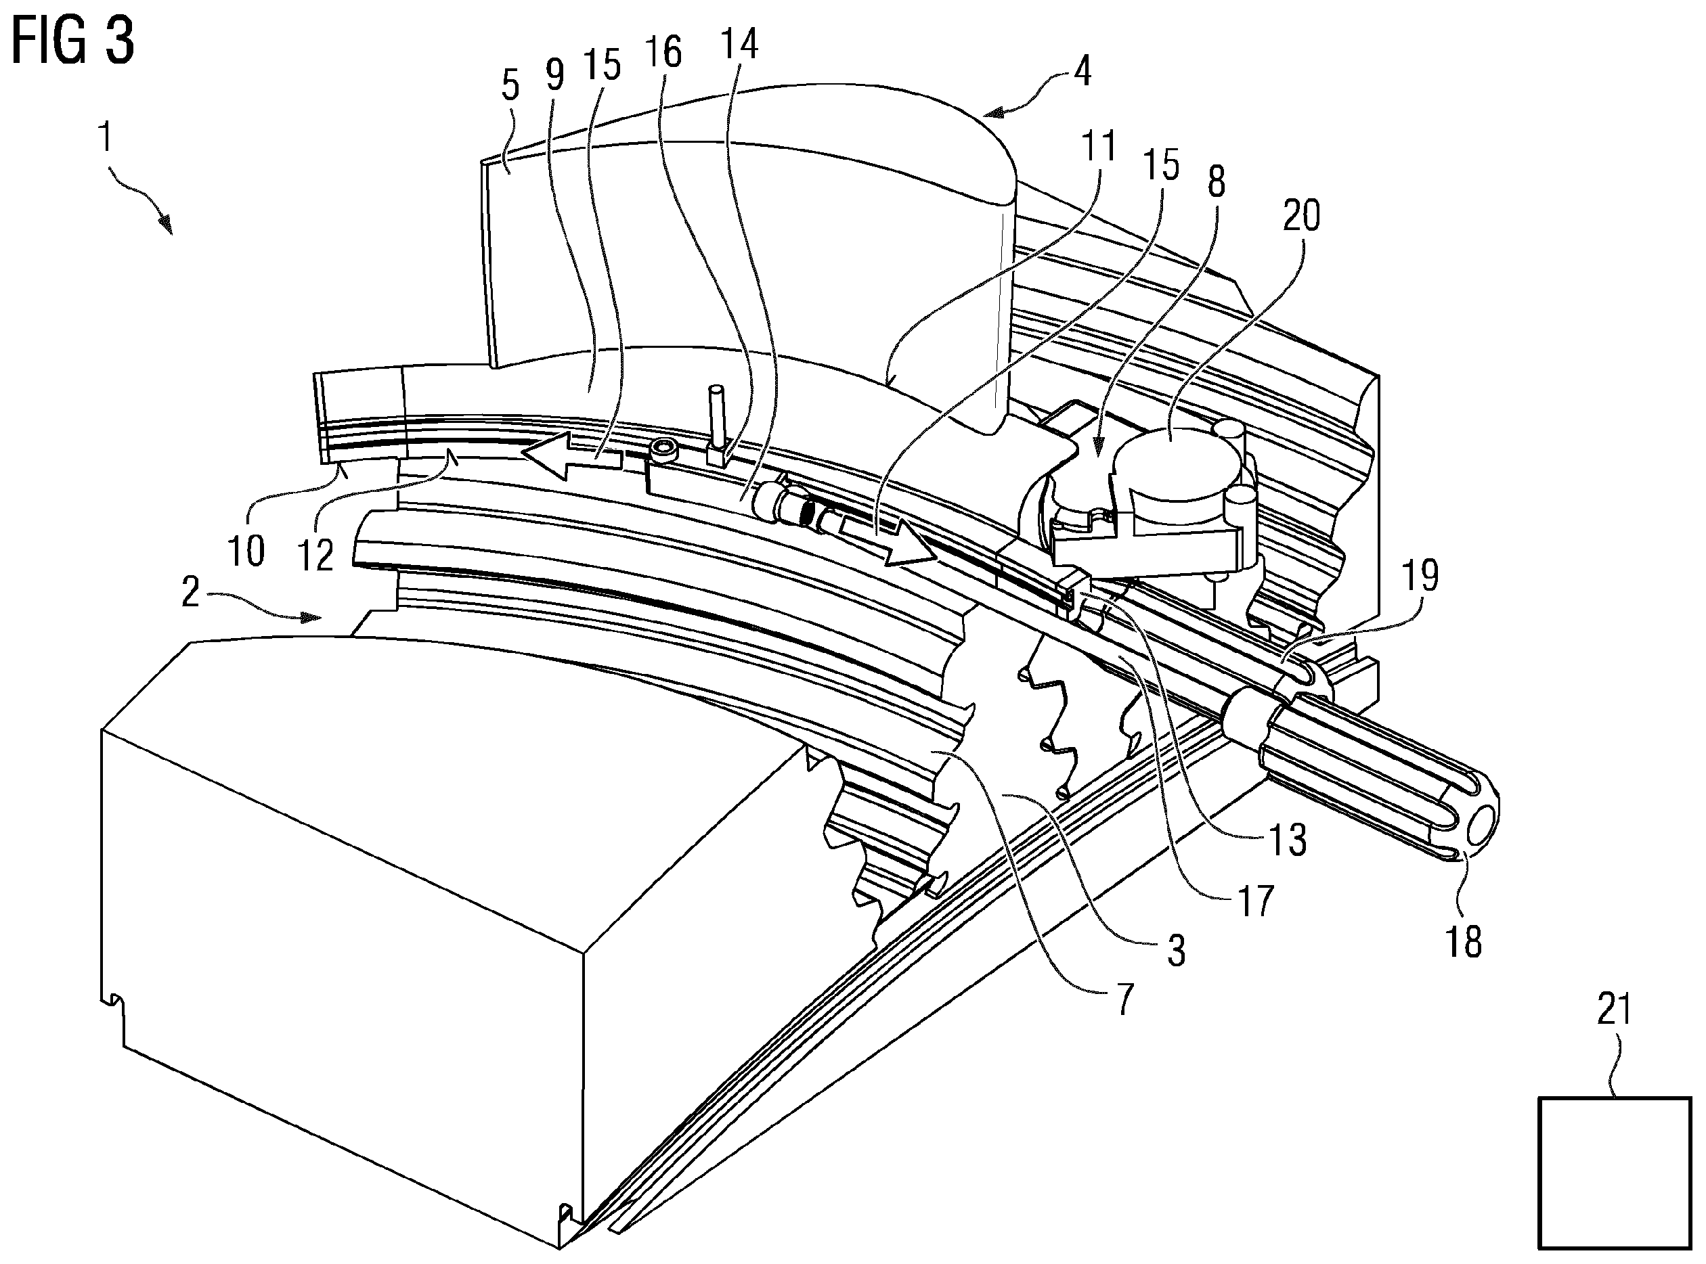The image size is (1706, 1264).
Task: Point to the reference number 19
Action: tap(1420, 575)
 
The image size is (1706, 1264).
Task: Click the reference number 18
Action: tap(1464, 942)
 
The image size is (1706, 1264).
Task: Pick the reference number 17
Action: tap(1255, 901)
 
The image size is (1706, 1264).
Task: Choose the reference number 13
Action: tap(1288, 839)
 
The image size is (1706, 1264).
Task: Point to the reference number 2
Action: tap(191, 592)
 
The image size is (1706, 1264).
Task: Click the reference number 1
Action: tap(105, 139)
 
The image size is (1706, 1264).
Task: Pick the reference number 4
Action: tap(1081, 71)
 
